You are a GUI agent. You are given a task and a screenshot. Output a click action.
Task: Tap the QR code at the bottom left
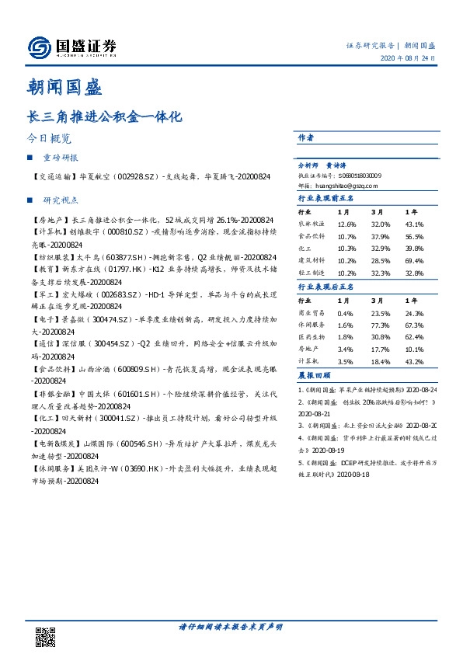pyautogui.click(x=46, y=638)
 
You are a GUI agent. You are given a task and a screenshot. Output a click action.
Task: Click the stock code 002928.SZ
pyautogui.click(x=139, y=178)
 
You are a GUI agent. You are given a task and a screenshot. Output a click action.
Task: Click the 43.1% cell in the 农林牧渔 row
pyautogui.click(x=414, y=224)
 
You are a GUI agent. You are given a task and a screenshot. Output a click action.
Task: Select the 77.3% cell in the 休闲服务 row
pyautogui.click(x=381, y=325)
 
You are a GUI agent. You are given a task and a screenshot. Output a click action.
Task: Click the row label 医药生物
pyautogui.click(x=313, y=337)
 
